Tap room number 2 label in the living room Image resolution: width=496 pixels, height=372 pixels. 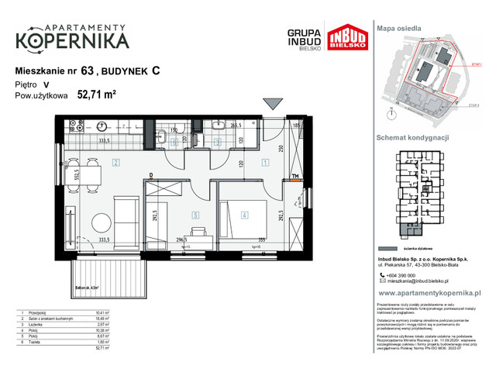point(115,163)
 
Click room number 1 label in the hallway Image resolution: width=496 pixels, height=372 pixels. point(265,163)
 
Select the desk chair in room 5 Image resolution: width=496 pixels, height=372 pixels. point(198,232)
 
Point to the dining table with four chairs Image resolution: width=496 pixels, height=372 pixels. point(84,172)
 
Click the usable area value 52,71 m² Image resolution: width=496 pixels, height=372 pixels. point(96,96)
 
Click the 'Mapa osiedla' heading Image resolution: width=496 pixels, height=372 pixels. point(398,27)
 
